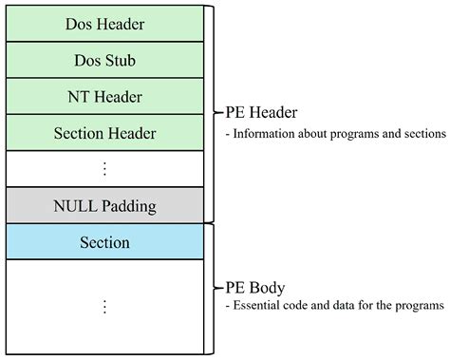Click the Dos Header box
click(x=104, y=24)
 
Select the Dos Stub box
click(x=104, y=60)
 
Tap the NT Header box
click(x=104, y=96)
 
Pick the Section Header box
click(x=104, y=133)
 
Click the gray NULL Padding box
click(x=104, y=205)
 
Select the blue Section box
click(x=104, y=242)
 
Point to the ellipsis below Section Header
click(x=104, y=169)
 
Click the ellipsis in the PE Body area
click(x=104, y=306)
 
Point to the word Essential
click(x=257, y=305)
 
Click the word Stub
click(x=120, y=60)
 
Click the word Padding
click(x=128, y=205)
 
